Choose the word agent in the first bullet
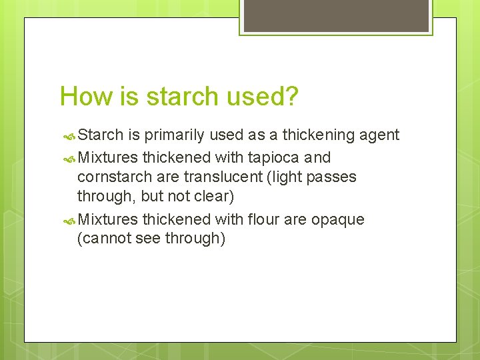pyautogui.click(x=379, y=135)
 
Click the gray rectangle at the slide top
pyautogui.click(x=336, y=15)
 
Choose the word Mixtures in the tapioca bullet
pyautogui.click(x=107, y=158)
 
